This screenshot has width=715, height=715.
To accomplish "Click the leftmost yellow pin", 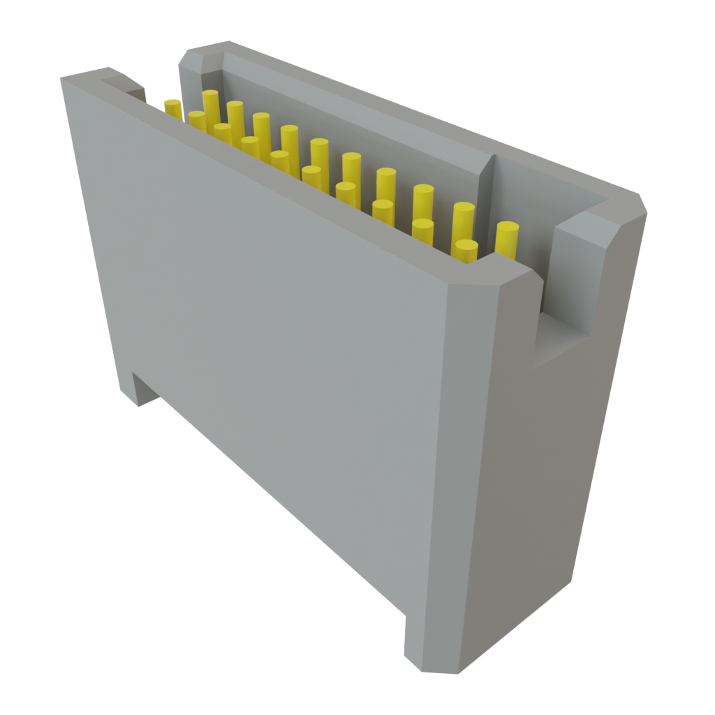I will [172, 108].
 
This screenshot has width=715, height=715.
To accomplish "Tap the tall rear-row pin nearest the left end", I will [210, 105].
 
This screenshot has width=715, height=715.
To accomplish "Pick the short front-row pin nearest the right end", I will [466, 250].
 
